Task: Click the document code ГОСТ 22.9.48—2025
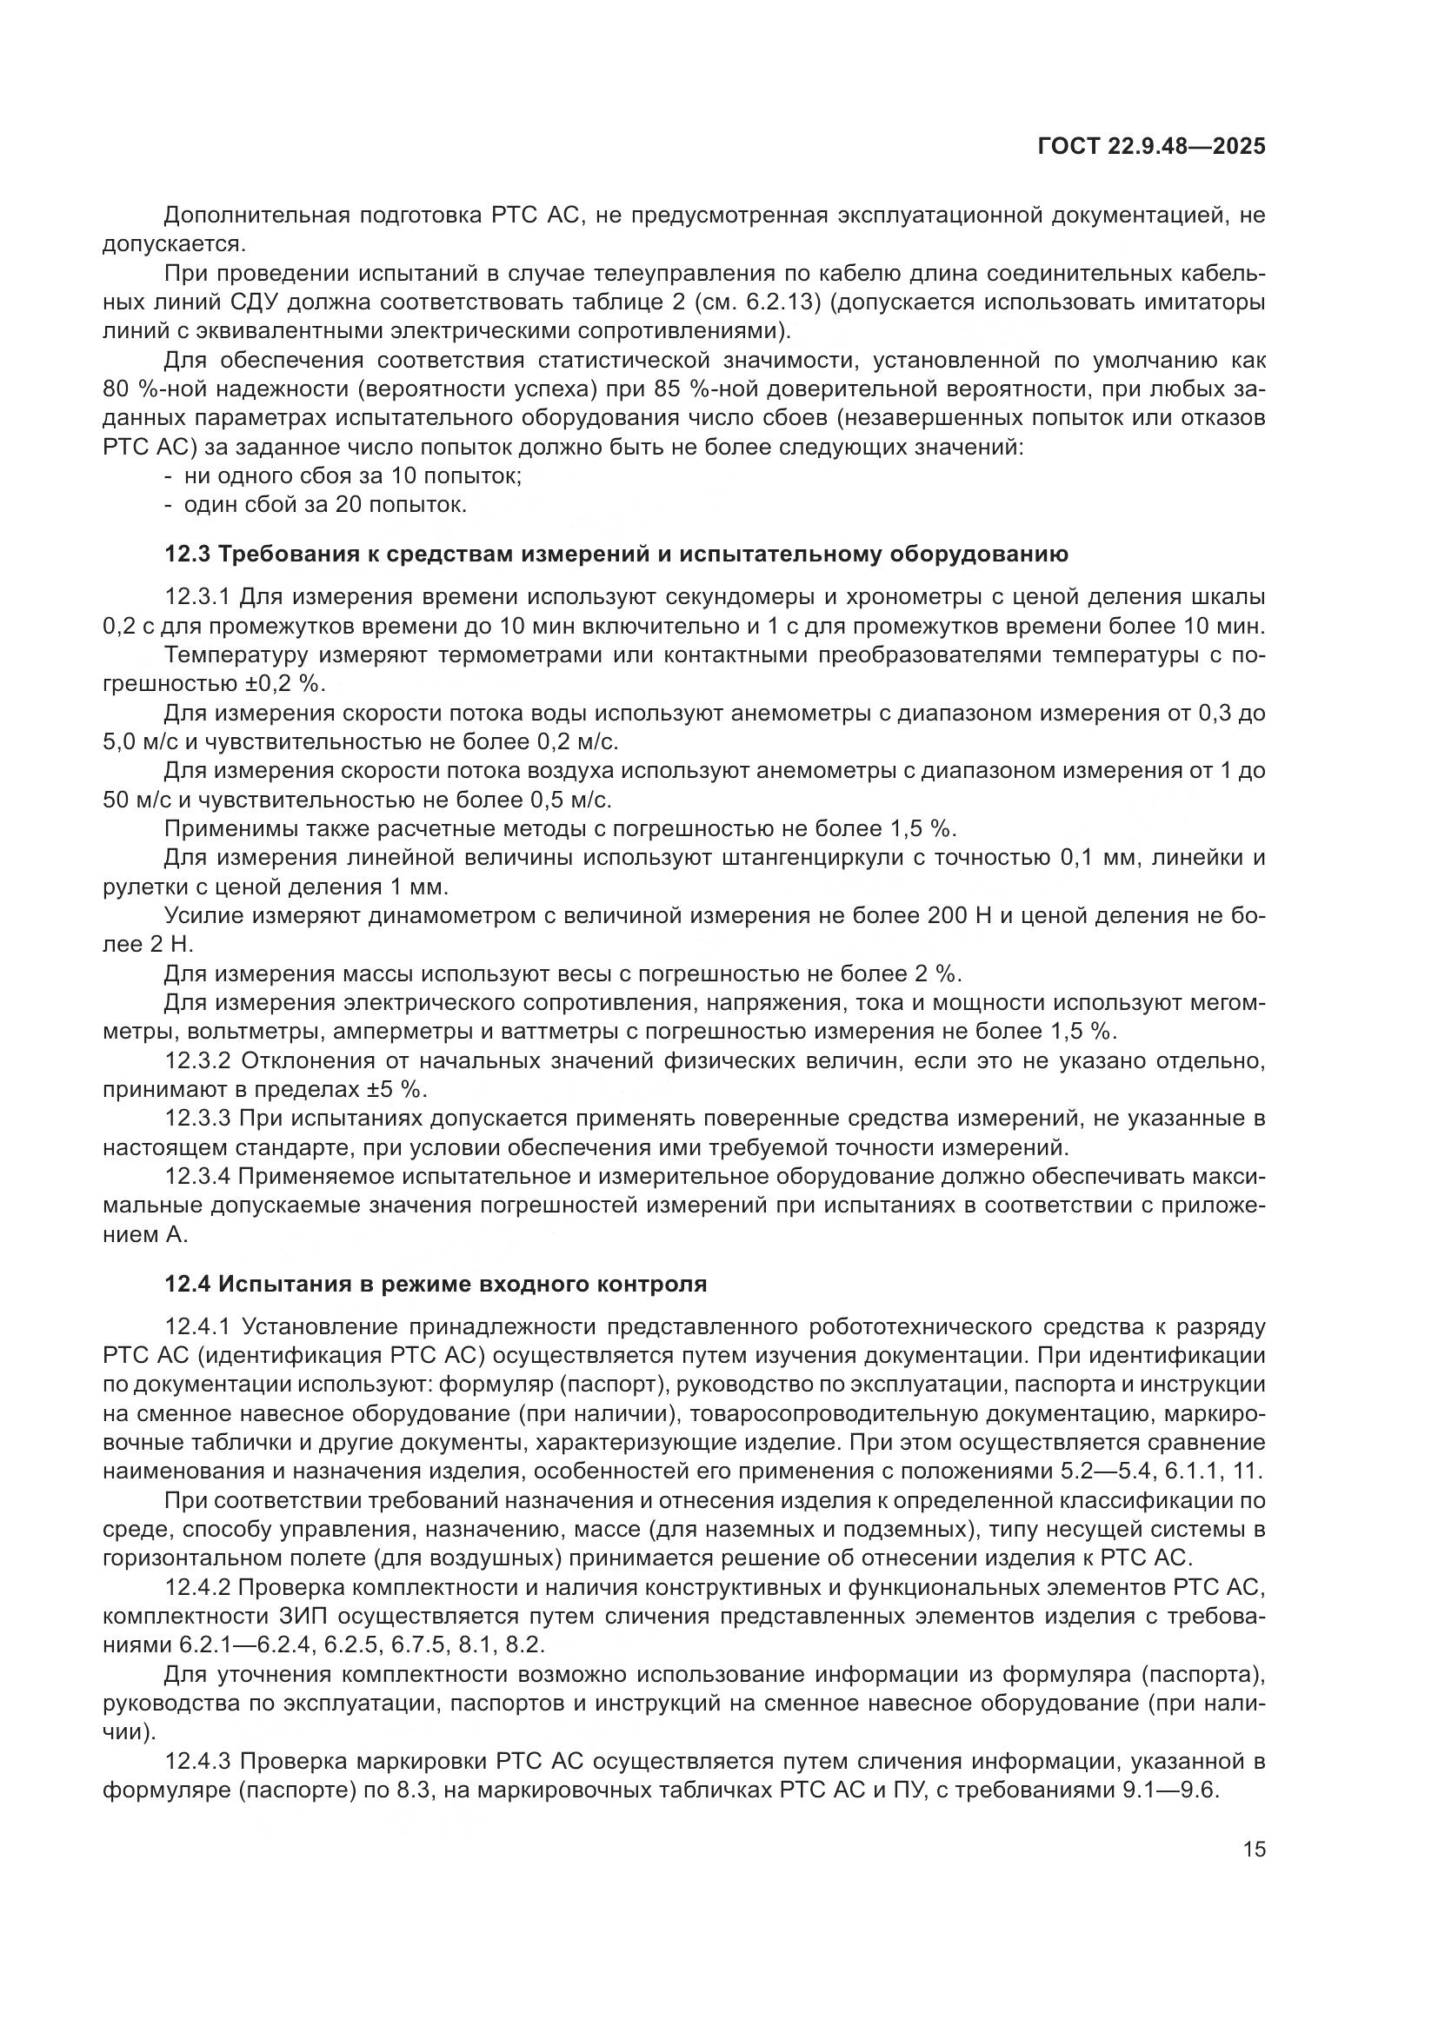(x=1151, y=147)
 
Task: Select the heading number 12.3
(x=187, y=555)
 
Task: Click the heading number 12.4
(x=187, y=1284)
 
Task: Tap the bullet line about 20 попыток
(x=325, y=506)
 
